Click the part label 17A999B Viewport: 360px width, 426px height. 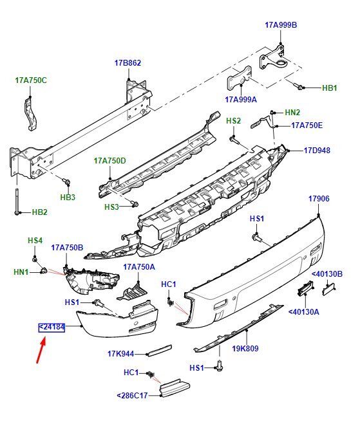[x=281, y=25]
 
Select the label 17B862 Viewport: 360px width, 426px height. [x=128, y=63]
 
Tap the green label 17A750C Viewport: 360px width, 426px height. [x=31, y=80]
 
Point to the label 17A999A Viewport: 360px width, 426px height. [x=241, y=100]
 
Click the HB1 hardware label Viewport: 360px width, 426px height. [x=330, y=87]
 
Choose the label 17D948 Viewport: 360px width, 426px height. [x=317, y=151]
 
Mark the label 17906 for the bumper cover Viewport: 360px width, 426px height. [x=318, y=199]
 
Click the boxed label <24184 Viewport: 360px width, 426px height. [x=52, y=328]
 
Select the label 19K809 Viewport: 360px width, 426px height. [x=245, y=349]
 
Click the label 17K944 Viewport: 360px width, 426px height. [x=120, y=353]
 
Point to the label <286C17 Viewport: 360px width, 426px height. [x=134, y=395]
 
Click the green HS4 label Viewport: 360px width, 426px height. [x=35, y=241]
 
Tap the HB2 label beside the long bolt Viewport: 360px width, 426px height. [x=39, y=212]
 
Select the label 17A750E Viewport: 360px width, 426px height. [x=307, y=125]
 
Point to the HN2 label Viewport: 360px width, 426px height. [x=292, y=112]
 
